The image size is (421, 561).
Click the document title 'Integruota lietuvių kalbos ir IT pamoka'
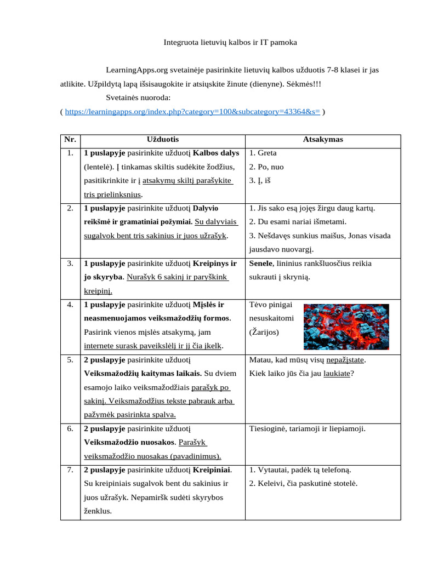click(231, 42)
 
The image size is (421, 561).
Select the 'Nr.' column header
click(69, 140)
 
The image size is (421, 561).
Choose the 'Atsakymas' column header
click(323, 140)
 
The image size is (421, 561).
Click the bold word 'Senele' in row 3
click(260, 264)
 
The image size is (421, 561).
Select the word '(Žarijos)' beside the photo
click(264, 332)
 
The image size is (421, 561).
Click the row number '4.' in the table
click(70, 305)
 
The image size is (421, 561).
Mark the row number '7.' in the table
click(70, 470)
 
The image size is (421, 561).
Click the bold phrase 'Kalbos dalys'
click(217, 153)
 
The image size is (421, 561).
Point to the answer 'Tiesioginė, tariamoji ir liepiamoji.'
click(307, 428)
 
